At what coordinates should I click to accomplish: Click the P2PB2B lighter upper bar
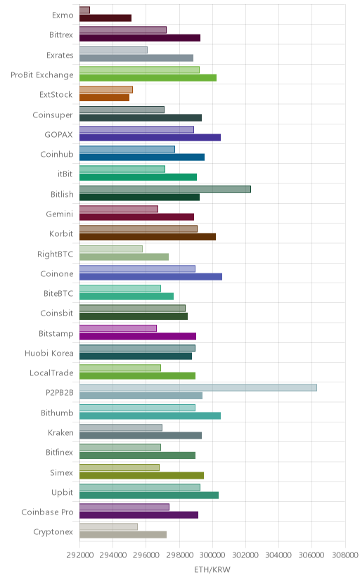pos(198,387)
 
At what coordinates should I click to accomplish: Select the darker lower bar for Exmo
pos(105,18)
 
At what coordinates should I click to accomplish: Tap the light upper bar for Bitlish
pos(165,189)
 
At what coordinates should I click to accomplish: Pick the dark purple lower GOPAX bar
pos(150,137)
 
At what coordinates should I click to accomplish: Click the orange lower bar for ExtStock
pos(104,98)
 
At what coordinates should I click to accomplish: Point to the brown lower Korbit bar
pos(148,237)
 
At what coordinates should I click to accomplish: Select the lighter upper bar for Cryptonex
pos(108,526)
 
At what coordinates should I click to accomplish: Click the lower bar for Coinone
pos(150,276)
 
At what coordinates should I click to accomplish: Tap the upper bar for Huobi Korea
pos(137,348)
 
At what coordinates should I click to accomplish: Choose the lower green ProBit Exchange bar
pos(148,77)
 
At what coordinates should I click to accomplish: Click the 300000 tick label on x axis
pos(212,555)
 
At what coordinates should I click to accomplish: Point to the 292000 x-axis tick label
pos(79,555)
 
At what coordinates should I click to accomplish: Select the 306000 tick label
pos(311,555)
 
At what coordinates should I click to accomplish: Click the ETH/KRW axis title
pos(212,570)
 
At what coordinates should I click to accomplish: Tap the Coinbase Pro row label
pos(47,512)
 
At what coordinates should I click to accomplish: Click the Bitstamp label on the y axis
pos(56,333)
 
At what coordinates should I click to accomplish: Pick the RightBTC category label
pos(55,254)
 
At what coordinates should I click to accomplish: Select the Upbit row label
pos(62,493)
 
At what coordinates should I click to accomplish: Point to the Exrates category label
pos(60,56)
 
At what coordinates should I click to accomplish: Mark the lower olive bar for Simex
pos(141,475)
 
